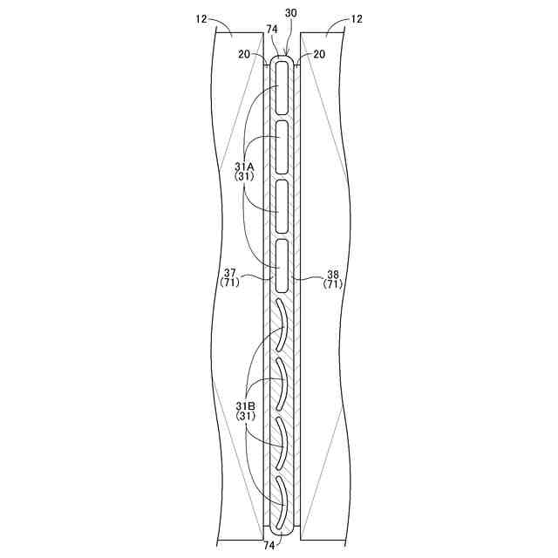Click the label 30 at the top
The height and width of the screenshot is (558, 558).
pyautogui.click(x=290, y=13)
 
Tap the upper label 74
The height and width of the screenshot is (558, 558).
pyautogui.click(x=272, y=30)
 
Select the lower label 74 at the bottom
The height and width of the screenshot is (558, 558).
pyautogui.click(x=269, y=546)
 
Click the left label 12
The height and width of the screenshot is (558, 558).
pyautogui.click(x=201, y=19)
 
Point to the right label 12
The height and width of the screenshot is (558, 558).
pyautogui.click(x=357, y=19)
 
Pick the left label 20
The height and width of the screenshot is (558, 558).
pyautogui.click(x=244, y=54)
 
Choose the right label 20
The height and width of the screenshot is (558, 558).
pyautogui.click(x=319, y=54)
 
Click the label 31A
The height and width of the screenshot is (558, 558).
pyautogui.click(x=244, y=167)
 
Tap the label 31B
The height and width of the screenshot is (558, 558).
pyautogui.click(x=245, y=405)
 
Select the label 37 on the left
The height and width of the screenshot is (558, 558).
pyautogui.click(x=229, y=274)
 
